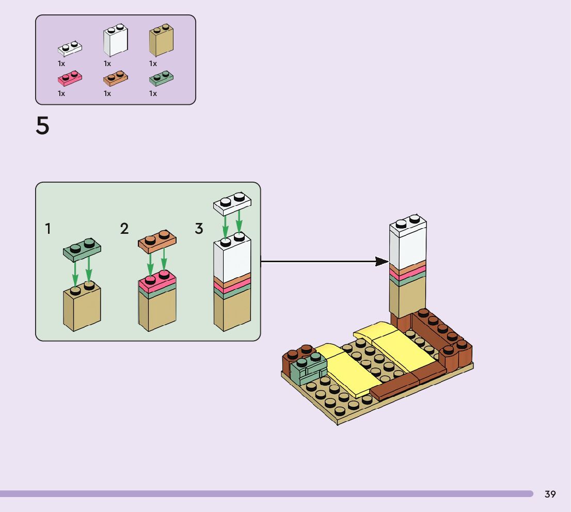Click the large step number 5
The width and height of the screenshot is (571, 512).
tap(42, 125)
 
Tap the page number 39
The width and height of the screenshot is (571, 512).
tap(550, 494)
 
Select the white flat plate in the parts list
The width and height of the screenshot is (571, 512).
tap(70, 49)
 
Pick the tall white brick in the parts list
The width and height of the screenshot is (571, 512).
tap(116, 40)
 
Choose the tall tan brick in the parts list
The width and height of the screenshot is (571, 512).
tap(161, 40)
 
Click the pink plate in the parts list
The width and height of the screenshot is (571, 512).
tap(70, 78)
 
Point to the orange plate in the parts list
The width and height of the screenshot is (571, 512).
tap(116, 78)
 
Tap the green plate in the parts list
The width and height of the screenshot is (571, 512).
tap(161, 78)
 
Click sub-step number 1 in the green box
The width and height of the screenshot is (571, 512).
tap(47, 229)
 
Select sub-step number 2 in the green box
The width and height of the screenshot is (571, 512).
tap(124, 229)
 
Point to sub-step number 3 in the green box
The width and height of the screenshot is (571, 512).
tap(199, 229)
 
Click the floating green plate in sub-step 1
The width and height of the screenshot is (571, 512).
tap(82, 250)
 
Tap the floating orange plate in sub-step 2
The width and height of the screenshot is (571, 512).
tap(157, 241)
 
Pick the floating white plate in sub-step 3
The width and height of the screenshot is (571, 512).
tap(232, 204)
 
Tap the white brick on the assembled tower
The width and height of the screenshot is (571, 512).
tap(408, 242)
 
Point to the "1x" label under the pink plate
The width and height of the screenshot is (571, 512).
tap(61, 93)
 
